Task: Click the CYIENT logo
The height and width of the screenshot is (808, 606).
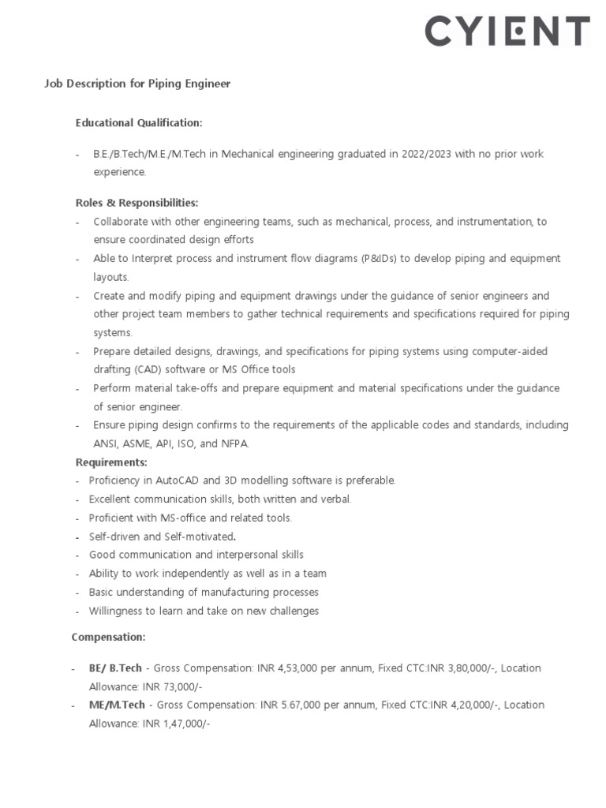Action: click(507, 32)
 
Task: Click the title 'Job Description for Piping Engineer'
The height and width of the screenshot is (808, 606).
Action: click(137, 84)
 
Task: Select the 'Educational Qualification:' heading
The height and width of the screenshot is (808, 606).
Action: click(139, 123)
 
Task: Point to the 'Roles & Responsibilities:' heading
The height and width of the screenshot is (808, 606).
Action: click(137, 203)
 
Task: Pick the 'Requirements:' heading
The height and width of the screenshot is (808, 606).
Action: click(111, 462)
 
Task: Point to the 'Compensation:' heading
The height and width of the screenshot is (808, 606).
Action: click(108, 637)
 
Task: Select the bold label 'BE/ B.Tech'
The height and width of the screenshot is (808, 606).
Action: click(116, 668)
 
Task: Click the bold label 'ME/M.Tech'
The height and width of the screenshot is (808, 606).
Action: click(116, 705)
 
